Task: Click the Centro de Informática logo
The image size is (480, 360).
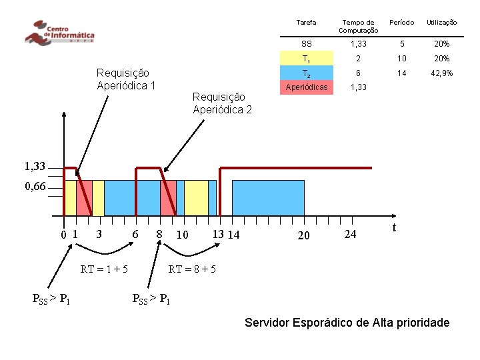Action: click(59, 33)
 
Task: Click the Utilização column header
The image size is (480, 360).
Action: click(442, 23)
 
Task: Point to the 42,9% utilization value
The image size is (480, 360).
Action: click(442, 73)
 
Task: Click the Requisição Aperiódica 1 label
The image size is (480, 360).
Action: click(126, 79)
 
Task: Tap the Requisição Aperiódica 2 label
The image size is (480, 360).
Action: click(222, 103)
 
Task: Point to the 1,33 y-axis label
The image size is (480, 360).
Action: click(35, 167)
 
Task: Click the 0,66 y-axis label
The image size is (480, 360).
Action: click(35, 187)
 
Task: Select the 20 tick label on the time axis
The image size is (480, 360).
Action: click(303, 235)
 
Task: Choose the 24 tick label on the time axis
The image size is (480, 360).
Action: click(350, 234)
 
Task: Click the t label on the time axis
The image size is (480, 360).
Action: click(394, 227)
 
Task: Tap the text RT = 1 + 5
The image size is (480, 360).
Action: click(105, 269)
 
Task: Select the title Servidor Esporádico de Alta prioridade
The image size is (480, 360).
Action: click(347, 323)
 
